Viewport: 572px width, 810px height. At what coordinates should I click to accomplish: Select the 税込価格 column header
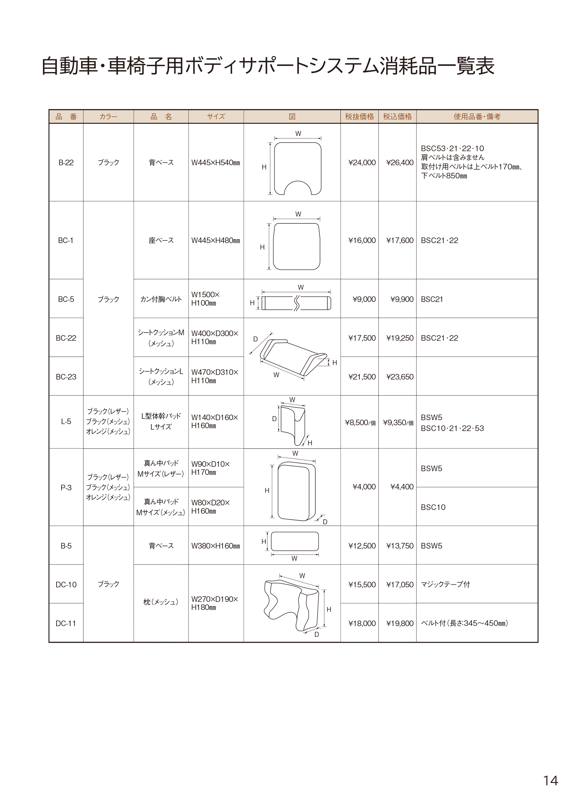click(x=397, y=117)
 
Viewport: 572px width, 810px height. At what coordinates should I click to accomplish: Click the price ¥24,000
click(x=362, y=163)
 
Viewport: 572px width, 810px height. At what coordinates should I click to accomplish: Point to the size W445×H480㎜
click(x=215, y=241)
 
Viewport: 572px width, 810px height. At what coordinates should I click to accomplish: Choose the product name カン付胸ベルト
click(x=161, y=299)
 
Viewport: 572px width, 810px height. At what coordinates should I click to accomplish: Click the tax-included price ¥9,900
click(x=402, y=299)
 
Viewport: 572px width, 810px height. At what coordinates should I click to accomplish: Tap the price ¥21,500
click(x=362, y=377)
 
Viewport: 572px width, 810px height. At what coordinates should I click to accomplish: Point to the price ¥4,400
click(x=402, y=487)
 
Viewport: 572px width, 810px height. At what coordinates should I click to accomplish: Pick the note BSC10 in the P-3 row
click(x=433, y=507)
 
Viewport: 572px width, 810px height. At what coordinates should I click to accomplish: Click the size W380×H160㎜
click(x=215, y=546)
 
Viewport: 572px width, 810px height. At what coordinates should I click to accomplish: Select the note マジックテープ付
click(x=446, y=585)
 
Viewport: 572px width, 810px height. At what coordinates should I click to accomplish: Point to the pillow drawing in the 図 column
click(x=292, y=605)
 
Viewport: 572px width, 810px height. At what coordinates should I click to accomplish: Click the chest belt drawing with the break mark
click(x=296, y=303)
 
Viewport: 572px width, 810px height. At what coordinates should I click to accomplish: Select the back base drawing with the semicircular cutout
click(x=297, y=169)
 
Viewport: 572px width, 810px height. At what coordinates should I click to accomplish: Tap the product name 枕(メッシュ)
click(x=161, y=602)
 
